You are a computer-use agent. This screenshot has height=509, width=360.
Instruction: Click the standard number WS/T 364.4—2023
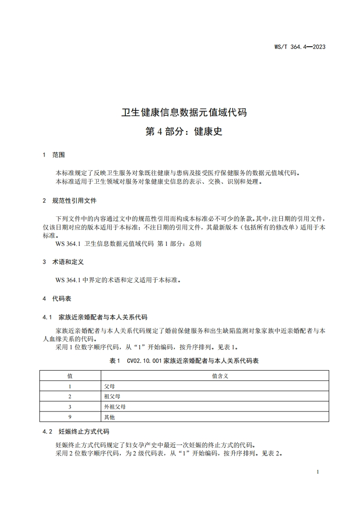pos(300,47)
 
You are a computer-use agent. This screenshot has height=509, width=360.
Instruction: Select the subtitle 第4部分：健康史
pos(184,132)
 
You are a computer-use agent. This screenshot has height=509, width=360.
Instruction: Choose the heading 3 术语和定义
pos(63,262)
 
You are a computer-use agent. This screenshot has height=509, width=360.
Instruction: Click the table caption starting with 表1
pos(184,361)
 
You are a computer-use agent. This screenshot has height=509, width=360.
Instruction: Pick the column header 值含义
pos(220,376)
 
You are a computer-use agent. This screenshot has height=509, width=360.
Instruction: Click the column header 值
pos(70,376)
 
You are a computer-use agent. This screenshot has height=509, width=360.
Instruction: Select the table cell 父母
pos(109,386)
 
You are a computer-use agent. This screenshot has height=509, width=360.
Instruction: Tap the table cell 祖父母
pos(112,396)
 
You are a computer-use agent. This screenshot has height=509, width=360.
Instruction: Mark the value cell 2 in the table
pos(70,396)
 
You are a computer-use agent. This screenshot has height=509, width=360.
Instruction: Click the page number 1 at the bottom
pos(318,472)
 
